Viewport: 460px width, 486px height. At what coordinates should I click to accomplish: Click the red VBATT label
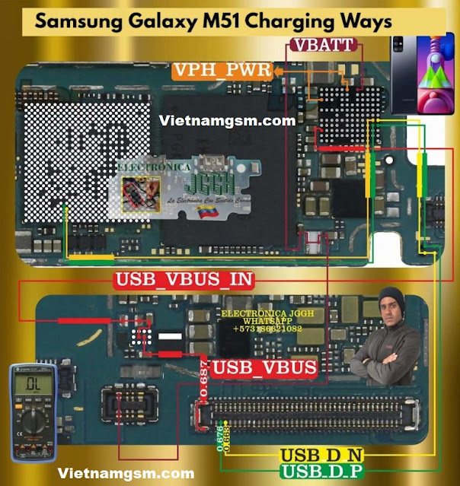pos(322,46)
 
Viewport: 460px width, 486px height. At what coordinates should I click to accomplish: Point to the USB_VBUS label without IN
pos(264,368)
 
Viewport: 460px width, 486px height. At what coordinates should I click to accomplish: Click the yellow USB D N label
pos(321,456)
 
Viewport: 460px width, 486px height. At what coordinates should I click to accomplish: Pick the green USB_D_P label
pos(322,472)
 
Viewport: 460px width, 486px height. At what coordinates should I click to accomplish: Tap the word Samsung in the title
pos(76,22)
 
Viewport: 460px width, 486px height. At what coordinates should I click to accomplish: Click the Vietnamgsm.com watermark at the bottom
pos(126,472)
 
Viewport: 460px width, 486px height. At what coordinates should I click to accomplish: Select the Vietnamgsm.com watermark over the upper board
pos(228,120)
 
